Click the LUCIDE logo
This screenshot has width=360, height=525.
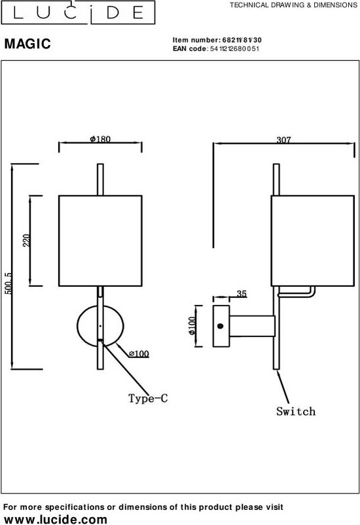point(78,12)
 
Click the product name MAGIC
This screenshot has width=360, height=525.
point(27,44)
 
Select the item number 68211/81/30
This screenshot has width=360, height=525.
point(242,40)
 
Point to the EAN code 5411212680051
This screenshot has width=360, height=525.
point(234,48)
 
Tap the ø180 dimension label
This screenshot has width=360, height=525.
point(100,139)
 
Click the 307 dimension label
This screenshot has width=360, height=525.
point(283,139)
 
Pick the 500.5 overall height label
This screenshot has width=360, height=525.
point(9,283)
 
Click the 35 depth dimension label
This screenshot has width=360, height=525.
point(242,294)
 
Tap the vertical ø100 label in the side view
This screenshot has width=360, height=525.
point(192,326)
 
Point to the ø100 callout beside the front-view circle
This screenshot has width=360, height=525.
point(139,353)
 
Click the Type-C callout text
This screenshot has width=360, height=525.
point(148,398)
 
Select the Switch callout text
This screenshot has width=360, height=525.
point(296,411)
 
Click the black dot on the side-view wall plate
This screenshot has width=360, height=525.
point(220,326)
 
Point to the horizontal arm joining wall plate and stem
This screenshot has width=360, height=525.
point(252,326)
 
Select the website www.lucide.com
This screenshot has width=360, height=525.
point(56,519)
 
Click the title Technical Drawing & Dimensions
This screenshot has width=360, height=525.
point(293,5)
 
